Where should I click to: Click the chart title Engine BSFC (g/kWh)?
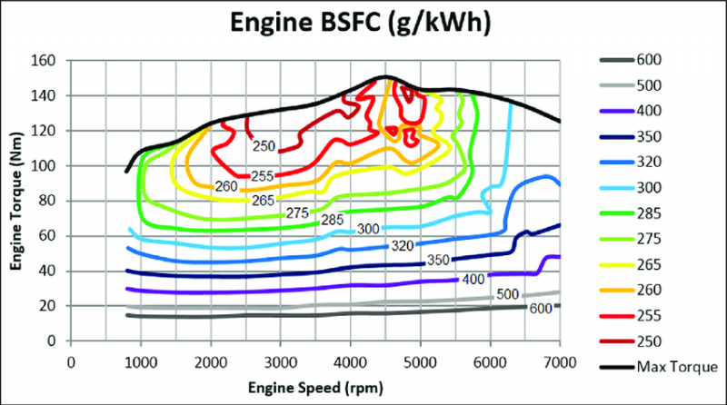tap(362, 23)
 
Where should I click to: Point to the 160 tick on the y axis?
tap(47, 61)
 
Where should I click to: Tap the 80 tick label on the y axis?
tap(51, 202)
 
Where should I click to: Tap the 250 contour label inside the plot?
tap(263, 145)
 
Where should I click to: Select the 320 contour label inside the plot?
tap(403, 246)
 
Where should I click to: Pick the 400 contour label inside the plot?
tap(472, 279)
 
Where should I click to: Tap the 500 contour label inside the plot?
tap(507, 295)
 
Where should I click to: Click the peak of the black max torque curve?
tap(384, 77)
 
